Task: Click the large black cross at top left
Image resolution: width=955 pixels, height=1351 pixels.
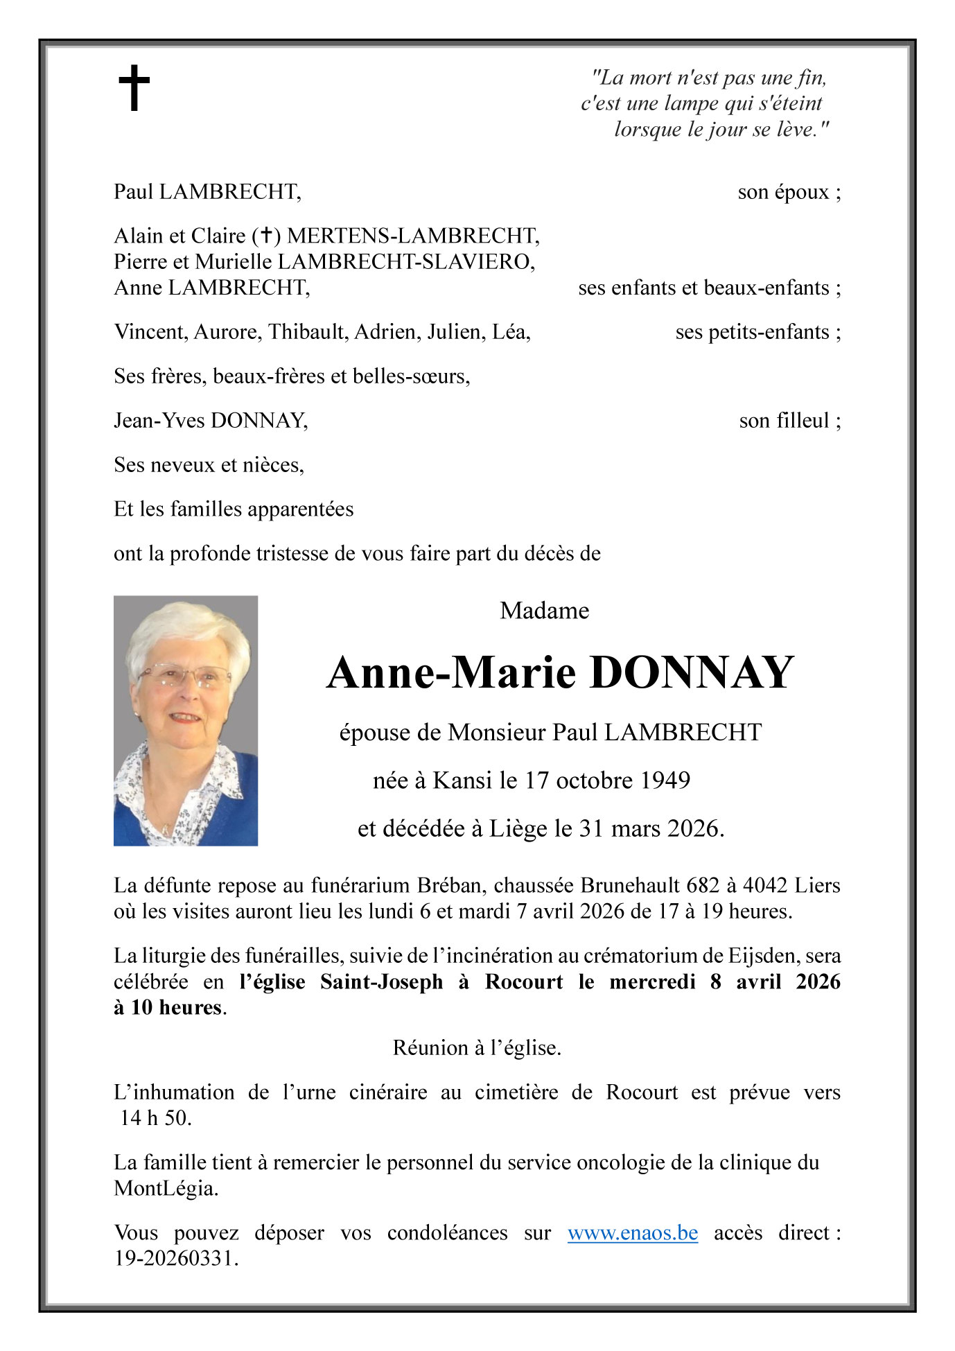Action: [134, 87]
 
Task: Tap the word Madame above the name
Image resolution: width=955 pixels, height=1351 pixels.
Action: [544, 610]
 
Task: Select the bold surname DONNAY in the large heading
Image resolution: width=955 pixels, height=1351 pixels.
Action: [691, 672]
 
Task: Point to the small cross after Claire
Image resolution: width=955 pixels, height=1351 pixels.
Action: [265, 236]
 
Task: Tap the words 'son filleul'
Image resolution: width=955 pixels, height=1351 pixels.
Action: [784, 420]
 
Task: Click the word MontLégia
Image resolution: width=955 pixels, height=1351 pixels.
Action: [165, 1188]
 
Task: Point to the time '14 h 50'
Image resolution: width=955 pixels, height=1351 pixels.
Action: [155, 1117]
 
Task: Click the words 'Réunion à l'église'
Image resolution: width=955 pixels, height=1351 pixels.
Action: [477, 1047]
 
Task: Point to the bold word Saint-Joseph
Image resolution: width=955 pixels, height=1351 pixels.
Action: [381, 982]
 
